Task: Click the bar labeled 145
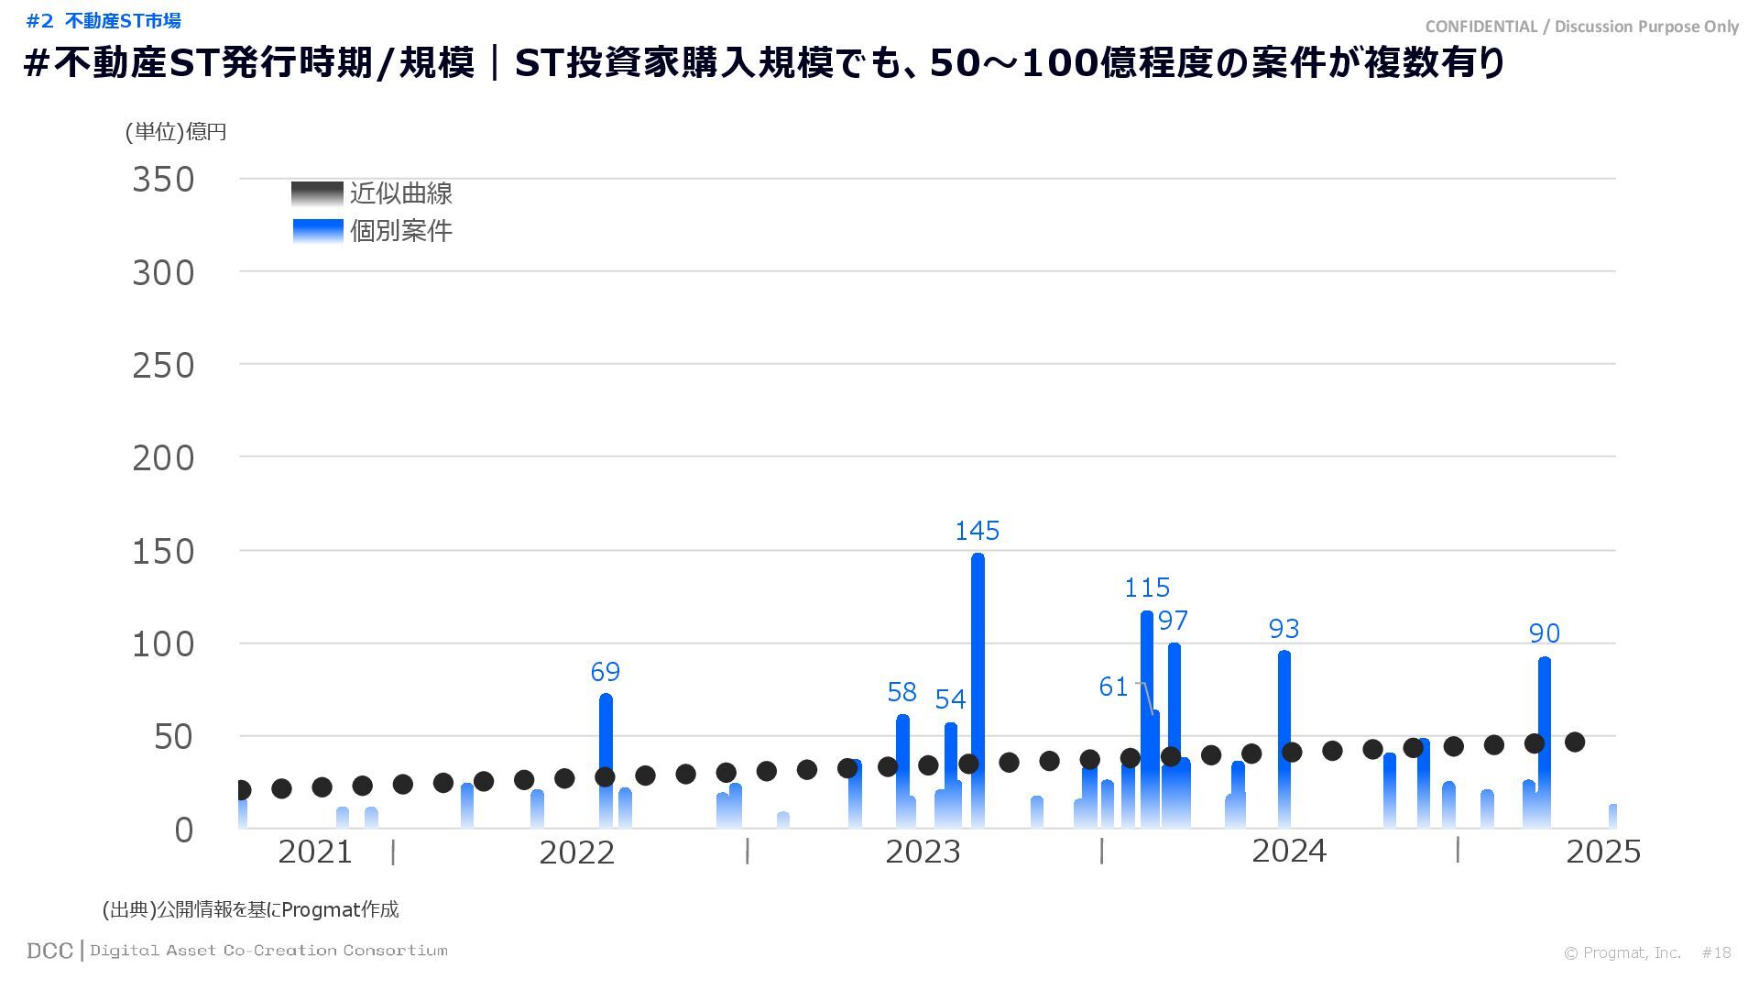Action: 978,687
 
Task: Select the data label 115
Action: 1147,588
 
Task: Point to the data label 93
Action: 1284,629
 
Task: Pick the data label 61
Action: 1113,687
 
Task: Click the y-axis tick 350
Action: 164,180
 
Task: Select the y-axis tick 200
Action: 164,458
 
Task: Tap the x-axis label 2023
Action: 923,852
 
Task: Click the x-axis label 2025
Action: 1603,852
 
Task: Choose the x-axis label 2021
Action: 314,852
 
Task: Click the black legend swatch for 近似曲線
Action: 317,193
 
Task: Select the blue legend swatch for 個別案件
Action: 317,230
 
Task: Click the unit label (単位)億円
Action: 176,132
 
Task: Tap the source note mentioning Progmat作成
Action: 251,909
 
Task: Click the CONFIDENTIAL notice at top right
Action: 1581,27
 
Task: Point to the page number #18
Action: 1716,953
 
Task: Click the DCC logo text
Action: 49,951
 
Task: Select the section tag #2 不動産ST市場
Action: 104,20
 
